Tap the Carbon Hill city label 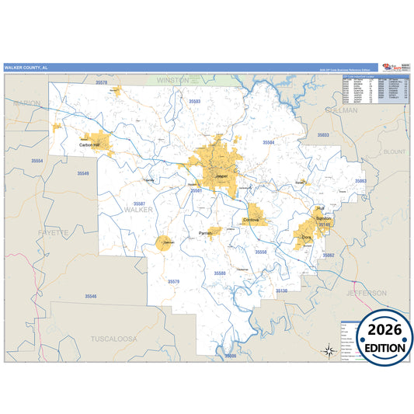90,144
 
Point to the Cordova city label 251,221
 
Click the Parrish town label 205,233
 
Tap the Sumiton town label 324,218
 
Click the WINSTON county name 172,80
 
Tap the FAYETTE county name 53,232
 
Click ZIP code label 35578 100,82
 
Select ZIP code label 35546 92,297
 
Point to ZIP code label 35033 323,135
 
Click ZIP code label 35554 37,161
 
